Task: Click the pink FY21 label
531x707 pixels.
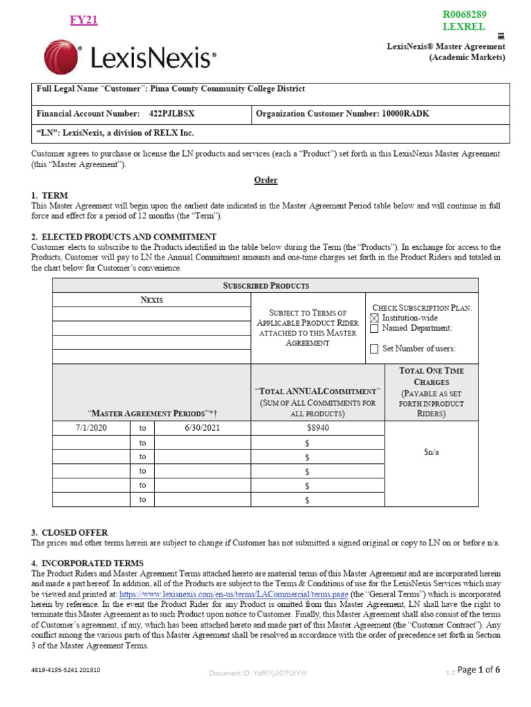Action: click(x=84, y=20)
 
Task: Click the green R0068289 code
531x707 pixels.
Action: click(x=464, y=14)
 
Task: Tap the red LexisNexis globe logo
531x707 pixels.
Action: click(x=61, y=57)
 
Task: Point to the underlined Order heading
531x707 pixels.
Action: click(x=265, y=180)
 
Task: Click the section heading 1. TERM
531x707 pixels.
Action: click(x=50, y=195)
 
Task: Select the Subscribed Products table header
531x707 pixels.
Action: click(x=265, y=285)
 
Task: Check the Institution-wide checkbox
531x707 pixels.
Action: click(x=374, y=318)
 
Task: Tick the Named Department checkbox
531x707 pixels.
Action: click(x=374, y=329)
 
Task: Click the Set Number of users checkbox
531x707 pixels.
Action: click(x=374, y=349)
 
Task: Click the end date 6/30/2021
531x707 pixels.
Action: click(x=201, y=428)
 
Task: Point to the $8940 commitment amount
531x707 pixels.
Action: click(x=317, y=428)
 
